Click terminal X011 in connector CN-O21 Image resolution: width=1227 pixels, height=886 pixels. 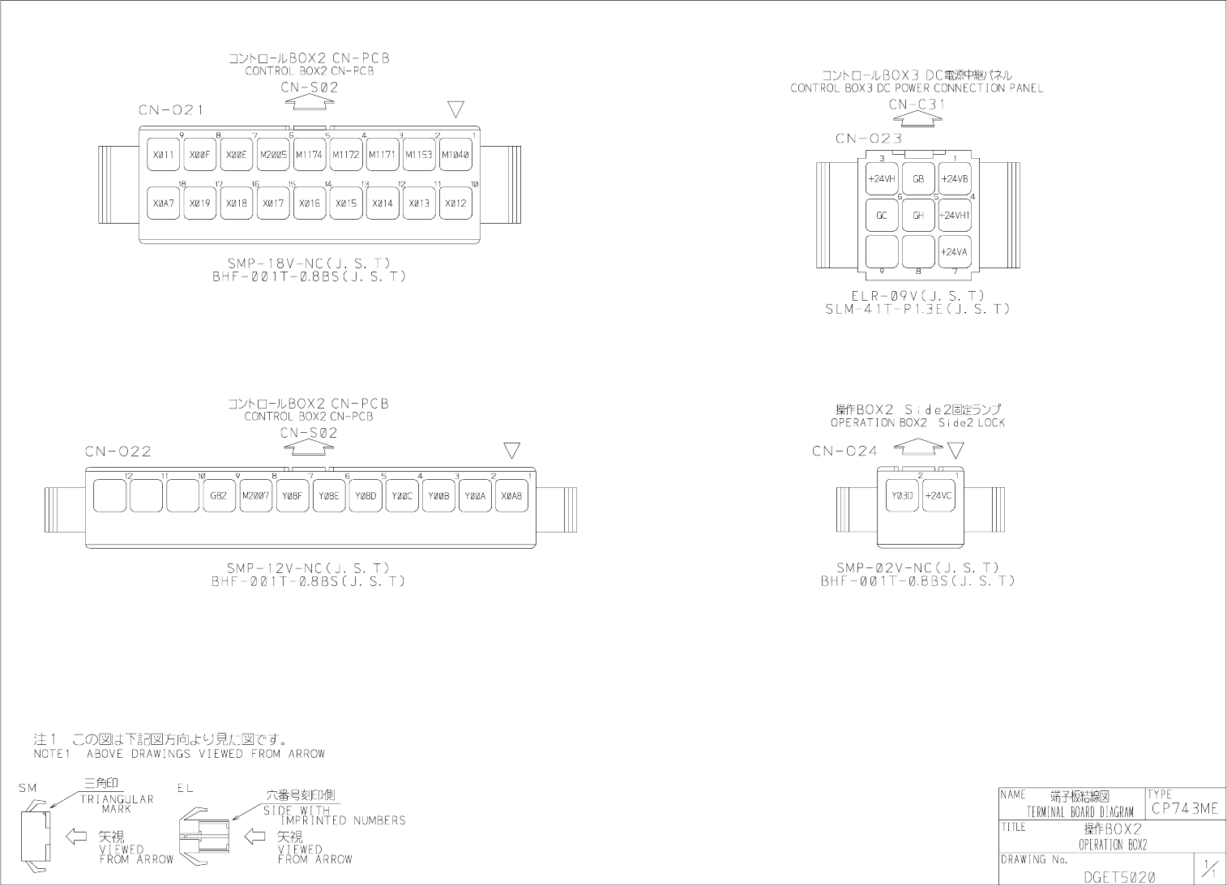[164, 154]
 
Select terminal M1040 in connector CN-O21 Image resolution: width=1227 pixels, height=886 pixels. [455, 154]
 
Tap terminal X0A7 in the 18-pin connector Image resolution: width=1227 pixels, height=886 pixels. [164, 203]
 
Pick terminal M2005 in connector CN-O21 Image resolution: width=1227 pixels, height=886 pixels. [273, 154]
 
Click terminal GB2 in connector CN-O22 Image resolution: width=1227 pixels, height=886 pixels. [218, 495]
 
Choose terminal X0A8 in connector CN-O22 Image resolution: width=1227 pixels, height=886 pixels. [511, 495]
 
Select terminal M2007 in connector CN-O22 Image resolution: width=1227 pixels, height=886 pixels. [255, 495]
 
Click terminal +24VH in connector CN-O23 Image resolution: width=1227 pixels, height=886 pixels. [882, 179]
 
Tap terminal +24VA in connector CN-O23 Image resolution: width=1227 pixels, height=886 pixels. [955, 252]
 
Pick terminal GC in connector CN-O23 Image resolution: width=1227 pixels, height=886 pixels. [882, 216]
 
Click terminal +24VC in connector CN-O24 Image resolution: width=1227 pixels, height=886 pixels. [938, 495]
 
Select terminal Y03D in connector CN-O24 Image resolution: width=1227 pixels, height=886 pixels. [902, 495]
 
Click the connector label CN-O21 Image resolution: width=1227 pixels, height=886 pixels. [170, 110]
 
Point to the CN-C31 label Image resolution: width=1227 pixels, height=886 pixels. [917, 104]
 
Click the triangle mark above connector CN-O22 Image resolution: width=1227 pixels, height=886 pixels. [511, 451]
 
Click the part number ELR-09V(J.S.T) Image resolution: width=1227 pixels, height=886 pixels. [918, 296]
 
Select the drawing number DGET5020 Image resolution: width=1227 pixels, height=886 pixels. [1119, 876]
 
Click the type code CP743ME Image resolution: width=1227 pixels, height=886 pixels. [1184, 809]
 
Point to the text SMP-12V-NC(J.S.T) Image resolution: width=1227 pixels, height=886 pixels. [308, 568]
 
